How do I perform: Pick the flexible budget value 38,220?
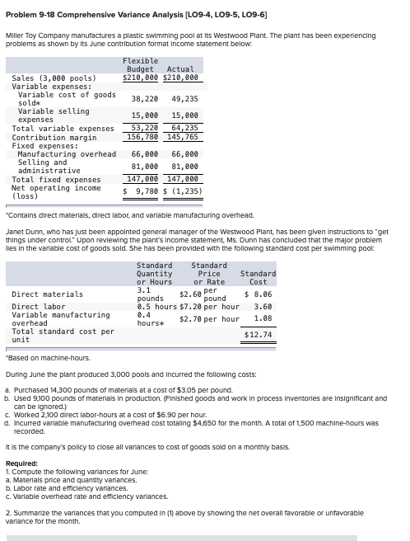144,98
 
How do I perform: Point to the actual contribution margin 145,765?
182,137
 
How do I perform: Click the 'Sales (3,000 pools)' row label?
49,78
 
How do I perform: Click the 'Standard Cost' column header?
258,277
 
